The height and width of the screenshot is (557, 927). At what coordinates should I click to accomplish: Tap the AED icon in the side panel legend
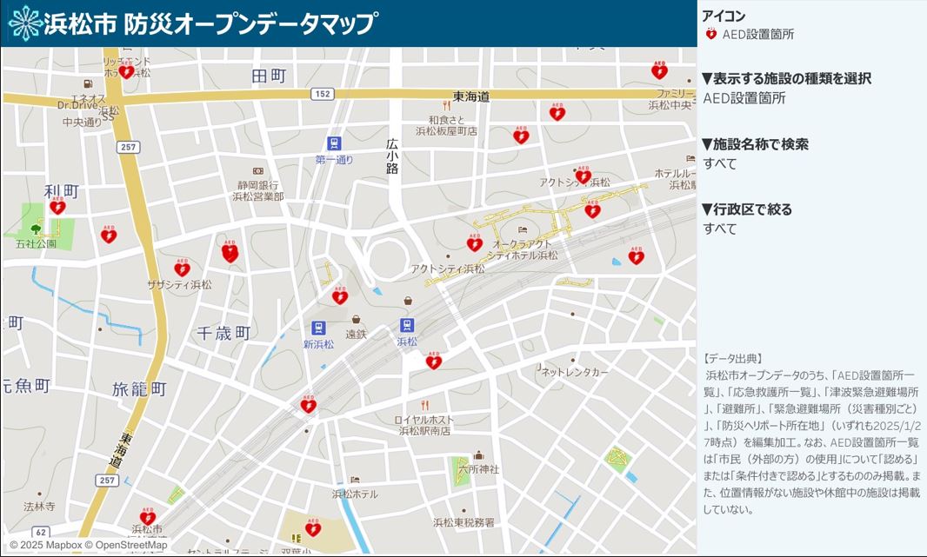(x=710, y=35)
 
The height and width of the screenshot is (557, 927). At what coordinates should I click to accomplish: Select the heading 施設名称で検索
(x=756, y=144)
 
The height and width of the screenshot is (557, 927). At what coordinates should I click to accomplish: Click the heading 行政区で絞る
(x=747, y=209)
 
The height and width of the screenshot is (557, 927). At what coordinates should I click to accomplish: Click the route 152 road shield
(x=323, y=94)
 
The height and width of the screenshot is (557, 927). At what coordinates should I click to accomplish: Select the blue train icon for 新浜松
(x=318, y=328)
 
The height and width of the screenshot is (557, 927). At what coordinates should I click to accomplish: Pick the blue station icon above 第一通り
(x=334, y=143)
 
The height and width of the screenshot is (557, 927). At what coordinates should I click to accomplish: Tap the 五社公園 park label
(x=36, y=244)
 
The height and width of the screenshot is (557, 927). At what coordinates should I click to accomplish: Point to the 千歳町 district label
(x=223, y=333)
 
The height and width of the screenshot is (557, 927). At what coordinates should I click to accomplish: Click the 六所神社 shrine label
(x=478, y=468)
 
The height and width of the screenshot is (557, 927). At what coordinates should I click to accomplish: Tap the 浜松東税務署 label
(x=463, y=522)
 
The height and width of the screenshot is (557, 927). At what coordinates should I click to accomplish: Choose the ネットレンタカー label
(x=575, y=372)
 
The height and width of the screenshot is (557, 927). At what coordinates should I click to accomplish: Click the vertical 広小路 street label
(x=392, y=156)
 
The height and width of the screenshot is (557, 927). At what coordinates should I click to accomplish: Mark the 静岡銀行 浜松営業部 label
(x=257, y=190)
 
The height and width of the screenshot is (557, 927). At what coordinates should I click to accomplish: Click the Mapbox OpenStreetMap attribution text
(x=88, y=545)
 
